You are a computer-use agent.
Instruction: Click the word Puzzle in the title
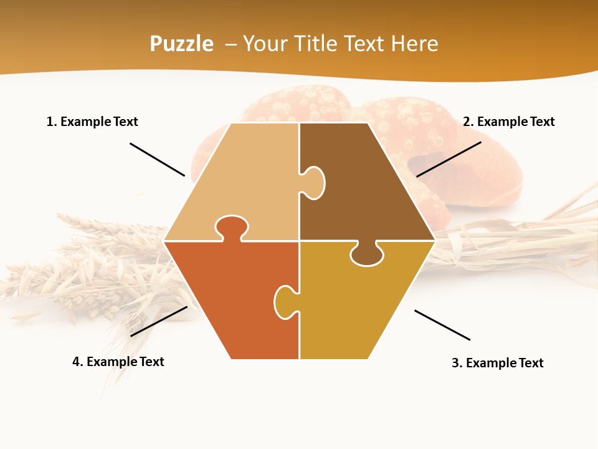tap(181, 44)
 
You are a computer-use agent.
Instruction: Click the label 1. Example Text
tap(92, 122)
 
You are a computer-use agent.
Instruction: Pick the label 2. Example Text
tap(508, 122)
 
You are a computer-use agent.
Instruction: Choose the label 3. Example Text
tap(497, 363)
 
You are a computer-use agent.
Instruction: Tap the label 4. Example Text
tap(118, 362)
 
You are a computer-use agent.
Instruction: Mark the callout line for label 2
tap(448, 159)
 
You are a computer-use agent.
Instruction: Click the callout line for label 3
tap(442, 325)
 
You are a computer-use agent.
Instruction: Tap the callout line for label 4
tap(159, 321)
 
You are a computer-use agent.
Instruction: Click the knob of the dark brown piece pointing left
tap(313, 183)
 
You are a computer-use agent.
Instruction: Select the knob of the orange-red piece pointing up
tap(231, 227)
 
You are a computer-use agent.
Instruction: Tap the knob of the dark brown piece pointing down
tap(367, 254)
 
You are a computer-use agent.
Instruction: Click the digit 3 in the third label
tap(455, 363)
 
